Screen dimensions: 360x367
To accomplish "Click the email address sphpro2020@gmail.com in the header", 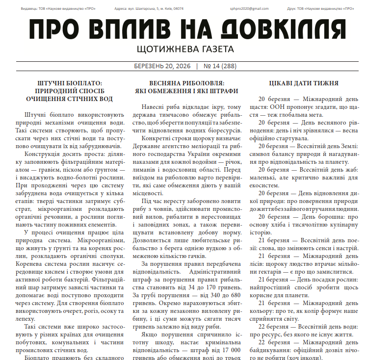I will click(249, 8).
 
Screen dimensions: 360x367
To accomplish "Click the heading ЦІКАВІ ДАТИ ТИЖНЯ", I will click(304, 83).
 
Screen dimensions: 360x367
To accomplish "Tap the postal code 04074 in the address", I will click(178, 8).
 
